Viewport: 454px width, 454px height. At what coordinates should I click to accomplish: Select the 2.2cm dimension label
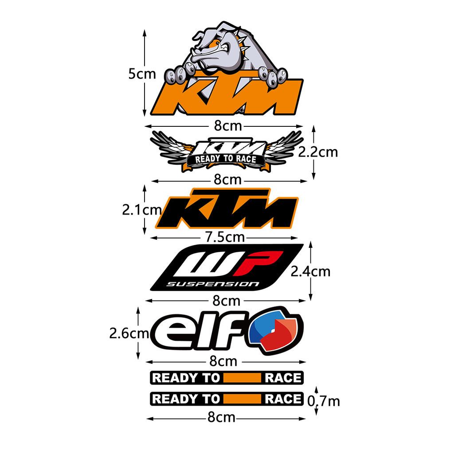(317, 152)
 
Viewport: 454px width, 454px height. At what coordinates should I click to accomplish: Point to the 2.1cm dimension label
(141, 209)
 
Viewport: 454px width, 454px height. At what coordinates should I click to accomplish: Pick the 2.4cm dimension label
(310, 271)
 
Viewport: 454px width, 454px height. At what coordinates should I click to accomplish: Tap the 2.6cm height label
(129, 333)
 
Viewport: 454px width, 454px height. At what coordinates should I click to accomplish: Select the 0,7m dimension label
(324, 401)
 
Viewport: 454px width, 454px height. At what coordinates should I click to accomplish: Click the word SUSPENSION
(212, 284)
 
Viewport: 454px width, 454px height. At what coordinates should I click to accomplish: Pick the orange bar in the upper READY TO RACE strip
(242, 378)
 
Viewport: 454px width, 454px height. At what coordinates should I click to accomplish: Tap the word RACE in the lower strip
(282, 399)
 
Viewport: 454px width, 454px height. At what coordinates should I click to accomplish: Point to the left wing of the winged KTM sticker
(171, 146)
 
